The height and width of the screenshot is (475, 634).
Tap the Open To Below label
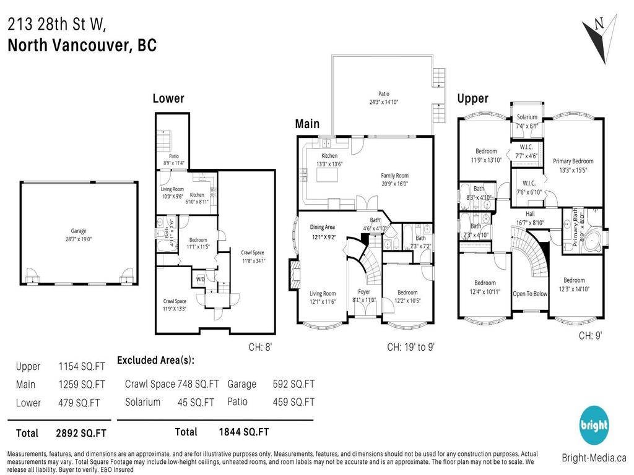point(530,293)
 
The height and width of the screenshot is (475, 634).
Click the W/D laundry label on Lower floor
point(200,278)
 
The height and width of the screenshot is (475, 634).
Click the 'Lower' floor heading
point(168,98)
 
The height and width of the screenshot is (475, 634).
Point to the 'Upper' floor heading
point(472,98)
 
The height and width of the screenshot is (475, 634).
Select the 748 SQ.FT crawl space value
point(198,384)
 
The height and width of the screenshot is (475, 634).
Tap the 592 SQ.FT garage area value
point(293,384)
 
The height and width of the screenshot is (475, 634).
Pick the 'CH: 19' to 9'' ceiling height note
point(411,347)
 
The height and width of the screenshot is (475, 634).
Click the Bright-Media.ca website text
point(594,458)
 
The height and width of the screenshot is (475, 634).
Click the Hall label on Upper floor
point(530,213)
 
